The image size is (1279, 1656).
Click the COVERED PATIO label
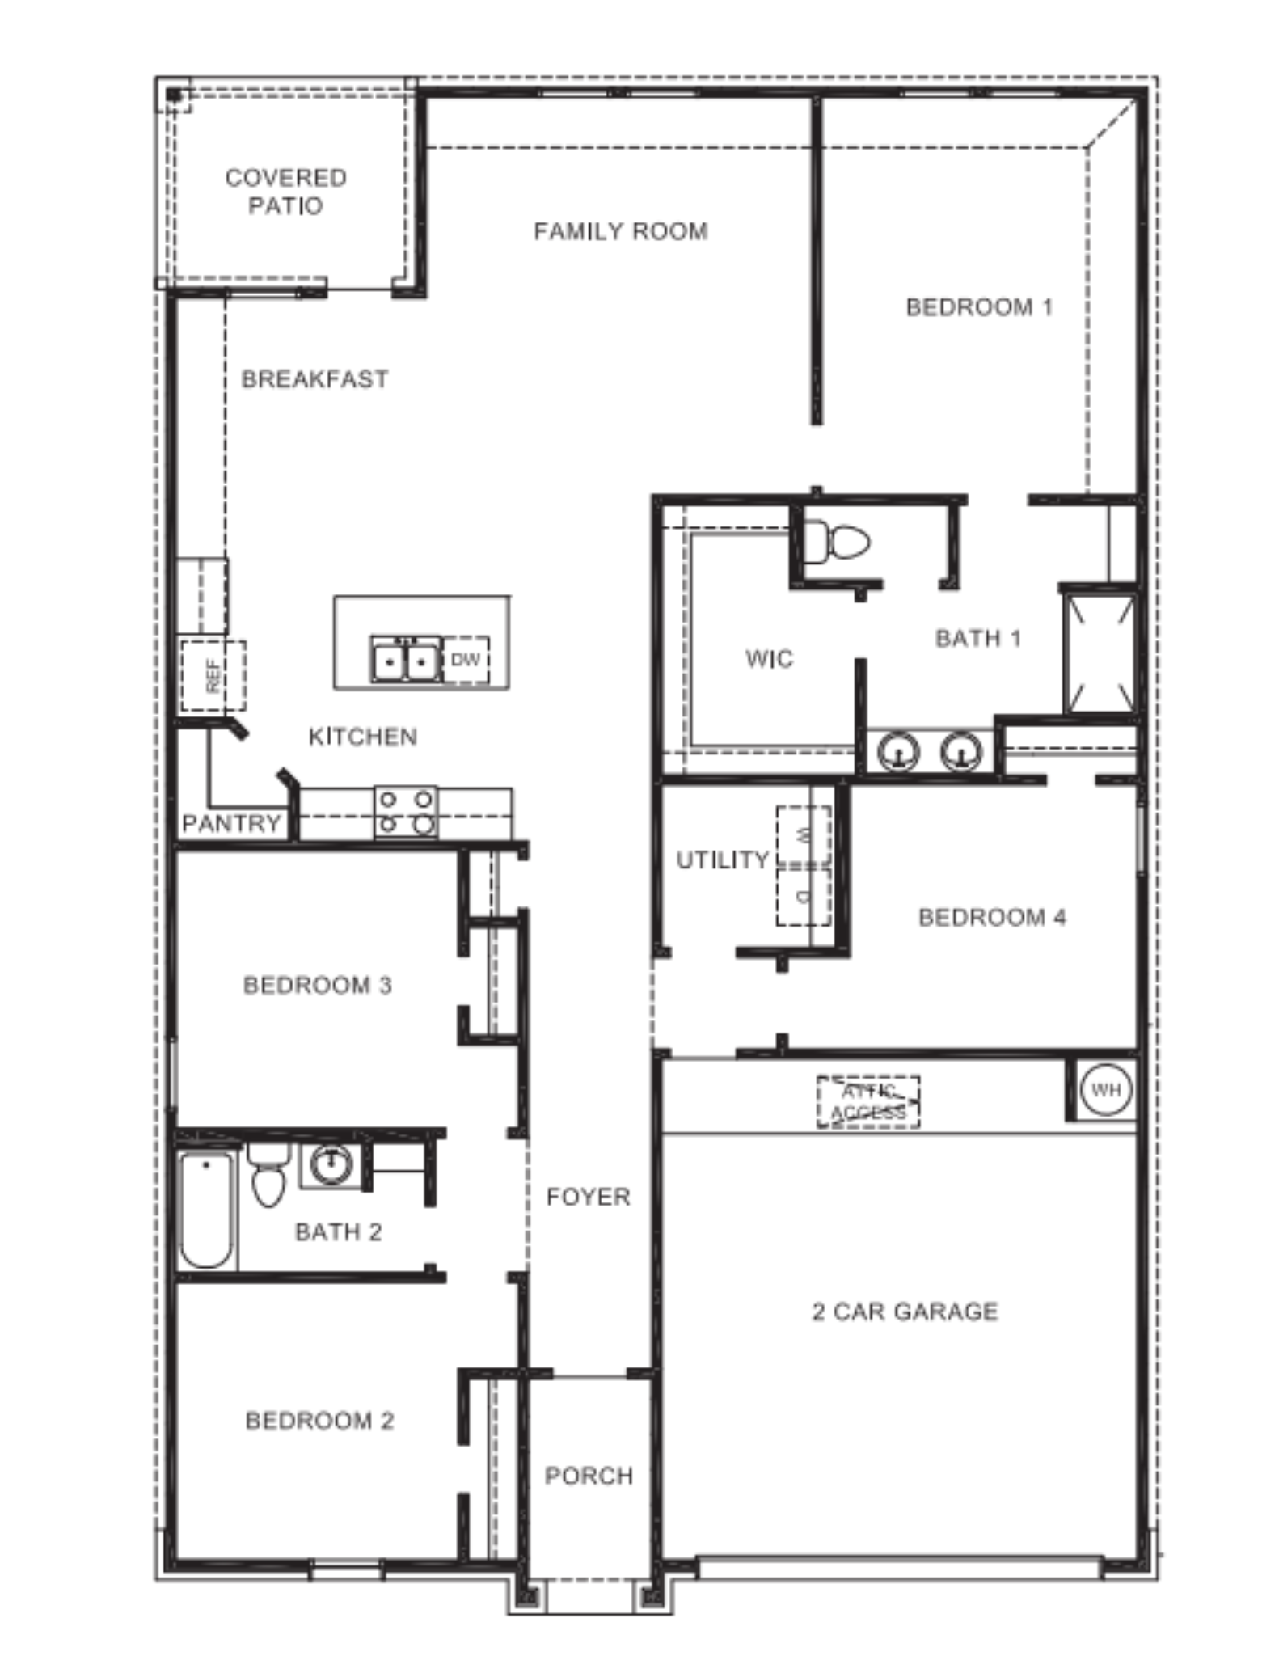[x=285, y=192]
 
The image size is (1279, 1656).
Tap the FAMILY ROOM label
[x=620, y=232]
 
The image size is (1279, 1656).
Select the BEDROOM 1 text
[x=979, y=307]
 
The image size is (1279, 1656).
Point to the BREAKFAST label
[x=314, y=379]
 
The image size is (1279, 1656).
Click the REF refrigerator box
[x=213, y=675]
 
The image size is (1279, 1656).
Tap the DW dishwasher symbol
[x=466, y=660]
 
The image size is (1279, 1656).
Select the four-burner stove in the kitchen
[x=406, y=812]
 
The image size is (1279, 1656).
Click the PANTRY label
[x=231, y=824]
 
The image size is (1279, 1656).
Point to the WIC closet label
[x=769, y=659]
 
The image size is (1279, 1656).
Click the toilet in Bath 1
[x=838, y=541]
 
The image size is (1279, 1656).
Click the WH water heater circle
[x=1105, y=1089]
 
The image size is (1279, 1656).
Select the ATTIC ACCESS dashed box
[x=868, y=1102]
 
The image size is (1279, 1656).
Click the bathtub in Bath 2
[x=206, y=1210]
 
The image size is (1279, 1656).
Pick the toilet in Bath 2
[x=268, y=1177]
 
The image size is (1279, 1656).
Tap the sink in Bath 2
[x=331, y=1165]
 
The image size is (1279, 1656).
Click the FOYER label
[x=588, y=1197]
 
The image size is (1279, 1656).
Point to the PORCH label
[x=589, y=1476]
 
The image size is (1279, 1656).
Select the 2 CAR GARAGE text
[x=905, y=1312]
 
